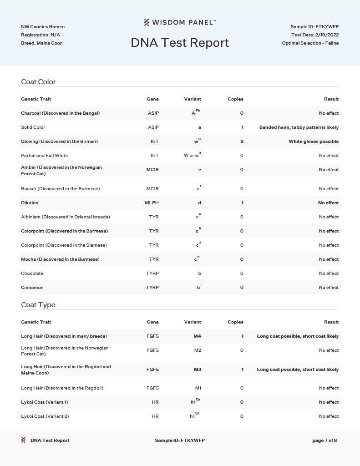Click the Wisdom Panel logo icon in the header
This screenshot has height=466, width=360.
pyautogui.click(x=147, y=22)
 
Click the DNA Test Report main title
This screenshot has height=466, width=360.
pyautogui.click(x=180, y=43)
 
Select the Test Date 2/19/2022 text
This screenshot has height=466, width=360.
pyautogui.click(x=315, y=35)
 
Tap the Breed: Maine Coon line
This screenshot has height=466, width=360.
pyautogui.click(x=42, y=43)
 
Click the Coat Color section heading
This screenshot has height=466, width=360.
pyautogui.click(x=38, y=82)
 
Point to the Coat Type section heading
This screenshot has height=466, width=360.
pyautogui.click(x=38, y=305)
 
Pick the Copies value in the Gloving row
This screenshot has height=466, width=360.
pyautogui.click(x=242, y=142)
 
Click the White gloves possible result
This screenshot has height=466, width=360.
pyautogui.click(x=314, y=142)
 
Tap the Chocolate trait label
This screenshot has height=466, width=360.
pyautogui.click(x=32, y=274)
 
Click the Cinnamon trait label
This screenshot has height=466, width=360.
pyautogui.click(x=32, y=288)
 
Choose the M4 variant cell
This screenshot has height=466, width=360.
pyautogui.click(x=197, y=336)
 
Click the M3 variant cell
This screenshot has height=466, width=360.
pyautogui.click(x=197, y=370)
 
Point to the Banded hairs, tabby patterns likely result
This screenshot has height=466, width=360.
pyautogui.click(x=299, y=127)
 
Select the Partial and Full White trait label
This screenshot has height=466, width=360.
pyautogui.click(x=44, y=156)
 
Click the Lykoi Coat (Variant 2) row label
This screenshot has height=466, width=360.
pyautogui.click(x=45, y=416)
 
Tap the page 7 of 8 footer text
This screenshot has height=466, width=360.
pyautogui.click(x=325, y=441)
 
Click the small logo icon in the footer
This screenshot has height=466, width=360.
pyautogui.click(x=23, y=440)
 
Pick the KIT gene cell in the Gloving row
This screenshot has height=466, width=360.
pyautogui.click(x=155, y=142)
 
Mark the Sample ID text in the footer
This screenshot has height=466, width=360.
pyautogui.click(x=180, y=441)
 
